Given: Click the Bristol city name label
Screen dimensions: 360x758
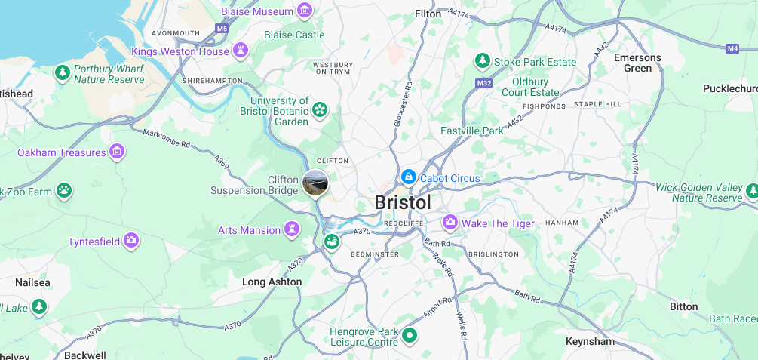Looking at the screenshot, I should click(x=403, y=203).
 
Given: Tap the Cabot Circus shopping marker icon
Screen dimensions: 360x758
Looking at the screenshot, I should click(x=408, y=177).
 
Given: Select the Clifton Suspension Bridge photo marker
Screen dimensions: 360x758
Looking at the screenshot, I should click(x=315, y=182).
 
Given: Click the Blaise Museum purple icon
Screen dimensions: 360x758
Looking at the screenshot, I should click(x=305, y=11).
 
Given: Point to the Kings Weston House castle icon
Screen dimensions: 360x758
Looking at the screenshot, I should click(x=241, y=51).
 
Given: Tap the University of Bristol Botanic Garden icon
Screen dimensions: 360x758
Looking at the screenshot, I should click(x=320, y=111).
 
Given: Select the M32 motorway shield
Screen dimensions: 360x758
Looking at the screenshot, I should click(x=483, y=82).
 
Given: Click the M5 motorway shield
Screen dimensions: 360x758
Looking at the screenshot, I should click(x=221, y=29).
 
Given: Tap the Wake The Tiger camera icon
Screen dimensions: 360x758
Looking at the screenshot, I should click(x=450, y=223).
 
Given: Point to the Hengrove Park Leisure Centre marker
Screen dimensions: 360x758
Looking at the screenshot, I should click(x=410, y=334).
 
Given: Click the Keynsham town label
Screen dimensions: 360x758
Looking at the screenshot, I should click(x=590, y=341).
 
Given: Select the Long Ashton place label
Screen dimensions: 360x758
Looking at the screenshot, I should click(x=272, y=282).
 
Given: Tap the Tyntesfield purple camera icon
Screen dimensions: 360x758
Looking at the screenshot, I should click(x=132, y=241).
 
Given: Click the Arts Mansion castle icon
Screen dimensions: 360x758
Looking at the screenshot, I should click(x=293, y=229).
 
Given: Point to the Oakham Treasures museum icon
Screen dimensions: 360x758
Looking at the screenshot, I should click(x=117, y=152).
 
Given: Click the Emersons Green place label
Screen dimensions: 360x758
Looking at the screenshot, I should click(x=637, y=63).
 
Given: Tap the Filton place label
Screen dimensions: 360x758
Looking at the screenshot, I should click(x=428, y=14).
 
